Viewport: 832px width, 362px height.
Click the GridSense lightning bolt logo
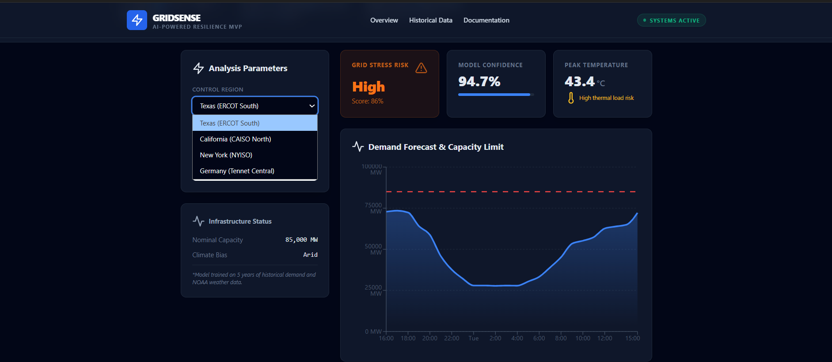coord(137,20)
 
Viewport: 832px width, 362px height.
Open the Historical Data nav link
coord(430,20)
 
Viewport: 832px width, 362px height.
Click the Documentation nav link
coord(486,20)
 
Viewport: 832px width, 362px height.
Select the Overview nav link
coord(384,20)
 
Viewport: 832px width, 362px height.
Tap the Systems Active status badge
coord(671,20)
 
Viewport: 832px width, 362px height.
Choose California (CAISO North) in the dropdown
coord(236,139)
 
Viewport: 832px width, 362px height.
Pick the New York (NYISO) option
coord(226,155)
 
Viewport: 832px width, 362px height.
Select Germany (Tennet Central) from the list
coord(237,171)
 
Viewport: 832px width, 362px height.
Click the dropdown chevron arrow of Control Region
coord(312,106)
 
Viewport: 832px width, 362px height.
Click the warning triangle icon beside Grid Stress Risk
coord(421,68)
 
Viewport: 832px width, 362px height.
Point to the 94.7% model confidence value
coord(479,82)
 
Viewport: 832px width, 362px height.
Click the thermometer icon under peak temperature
coord(571,98)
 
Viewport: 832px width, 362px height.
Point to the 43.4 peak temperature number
coord(579,82)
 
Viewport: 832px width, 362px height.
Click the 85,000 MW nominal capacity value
coord(301,240)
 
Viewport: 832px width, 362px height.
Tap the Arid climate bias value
coord(310,255)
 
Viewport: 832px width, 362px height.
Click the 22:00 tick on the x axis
coord(452,338)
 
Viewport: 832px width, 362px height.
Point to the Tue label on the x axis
coord(473,338)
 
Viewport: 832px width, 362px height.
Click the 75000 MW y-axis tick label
coord(373,208)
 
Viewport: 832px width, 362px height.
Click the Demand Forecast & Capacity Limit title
coord(436,147)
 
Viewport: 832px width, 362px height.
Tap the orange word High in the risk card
coord(369,87)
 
